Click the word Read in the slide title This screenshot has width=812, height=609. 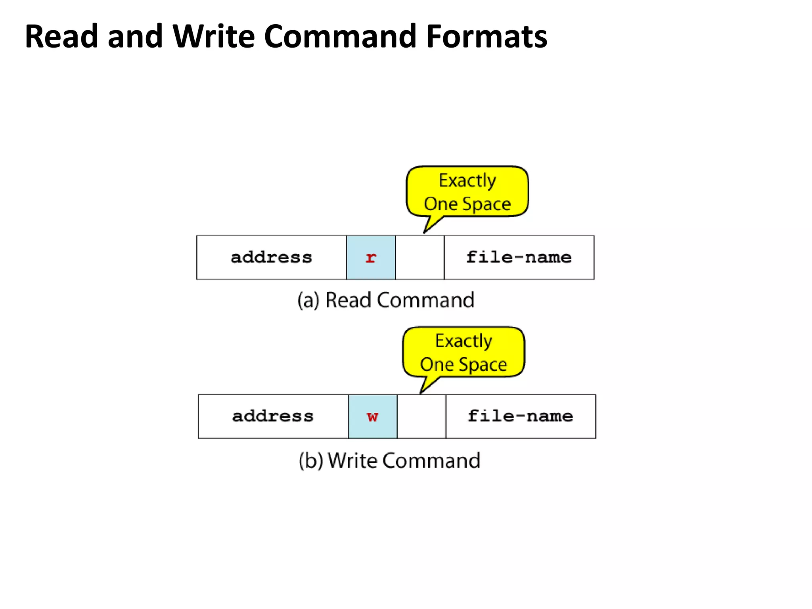click(x=61, y=36)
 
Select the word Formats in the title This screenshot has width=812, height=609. click(x=486, y=36)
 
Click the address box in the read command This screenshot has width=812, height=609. click(x=272, y=258)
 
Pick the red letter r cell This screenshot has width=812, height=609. click(x=371, y=258)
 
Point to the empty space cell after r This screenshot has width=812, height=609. click(x=419, y=258)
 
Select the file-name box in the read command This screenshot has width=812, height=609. click(x=519, y=258)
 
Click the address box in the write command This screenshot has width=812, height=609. click(x=273, y=416)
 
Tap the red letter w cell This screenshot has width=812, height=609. click(x=373, y=416)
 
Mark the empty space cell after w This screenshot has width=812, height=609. click(x=421, y=416)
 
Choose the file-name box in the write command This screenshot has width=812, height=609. click(x=521, y=416)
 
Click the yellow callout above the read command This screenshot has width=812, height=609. click(x=467, y=192)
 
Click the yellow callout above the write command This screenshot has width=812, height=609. click(x=463, y=352)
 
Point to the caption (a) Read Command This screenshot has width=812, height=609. click(x=386, y=300)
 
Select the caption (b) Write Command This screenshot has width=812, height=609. click(x=389, y=461)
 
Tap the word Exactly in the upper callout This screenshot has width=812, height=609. click(x=467, y=180)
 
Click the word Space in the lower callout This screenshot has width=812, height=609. click(x=486, y=364)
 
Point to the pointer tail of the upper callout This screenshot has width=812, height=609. click(x=431, y=225)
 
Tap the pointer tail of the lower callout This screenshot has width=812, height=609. click(x=427, y=385)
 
